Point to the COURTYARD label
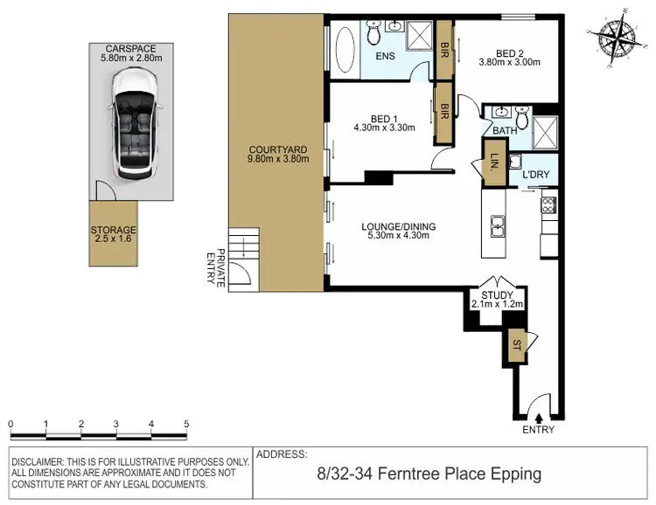tap(276, 154)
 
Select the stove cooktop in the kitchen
tap(548, 205)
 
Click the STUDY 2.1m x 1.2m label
tap(497, 299)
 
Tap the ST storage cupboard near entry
tap(516, 347)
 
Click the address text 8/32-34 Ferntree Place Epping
tap(429, 475)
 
